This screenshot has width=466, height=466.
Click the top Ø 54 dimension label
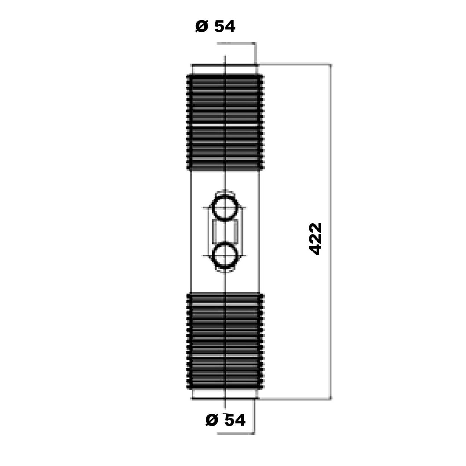point(215,26)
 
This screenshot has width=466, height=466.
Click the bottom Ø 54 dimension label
point(226,420)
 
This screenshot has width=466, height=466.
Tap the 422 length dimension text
point(316,239)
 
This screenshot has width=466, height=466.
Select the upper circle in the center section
point(225,208)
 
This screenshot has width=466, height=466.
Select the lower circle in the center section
point(225,255)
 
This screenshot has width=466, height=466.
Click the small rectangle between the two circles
point(225,232)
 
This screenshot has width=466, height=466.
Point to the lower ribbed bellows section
point(225,341)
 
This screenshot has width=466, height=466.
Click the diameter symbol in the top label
point(201,26)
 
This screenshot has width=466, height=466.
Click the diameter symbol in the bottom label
point(212,420)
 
